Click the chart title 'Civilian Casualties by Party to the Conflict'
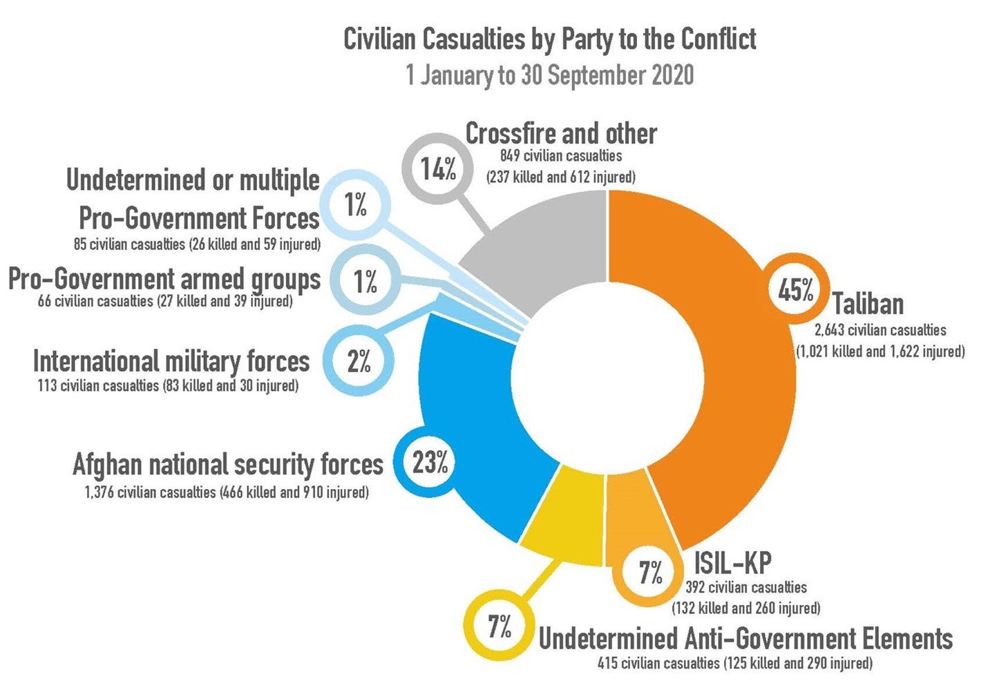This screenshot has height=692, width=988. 549,39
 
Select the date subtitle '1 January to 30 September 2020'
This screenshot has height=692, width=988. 549,75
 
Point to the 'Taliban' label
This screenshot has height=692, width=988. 867,304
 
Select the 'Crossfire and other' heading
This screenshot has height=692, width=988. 560,133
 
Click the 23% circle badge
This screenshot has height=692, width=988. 430,463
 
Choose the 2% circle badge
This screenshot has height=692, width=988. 359,361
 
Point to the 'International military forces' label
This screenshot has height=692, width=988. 171,361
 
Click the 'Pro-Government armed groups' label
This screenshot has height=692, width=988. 164,280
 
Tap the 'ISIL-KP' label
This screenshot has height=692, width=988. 732,564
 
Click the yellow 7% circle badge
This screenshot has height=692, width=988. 499,627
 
